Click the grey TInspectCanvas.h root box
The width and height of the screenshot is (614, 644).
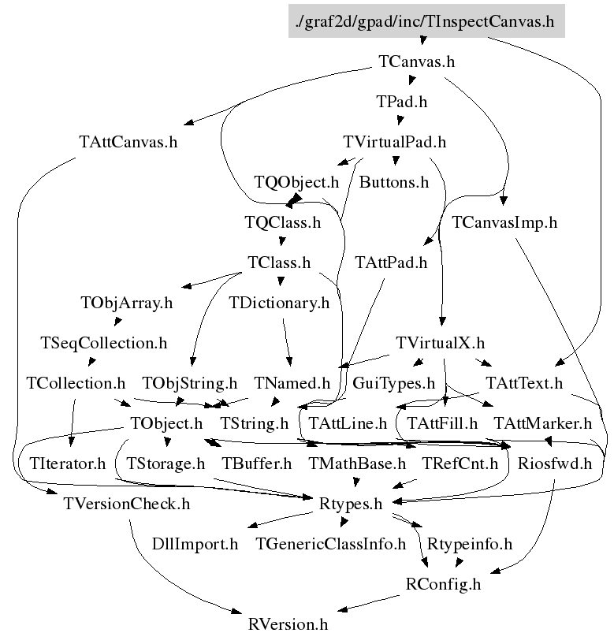point(426,21)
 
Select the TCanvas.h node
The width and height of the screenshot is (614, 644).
point(416,61)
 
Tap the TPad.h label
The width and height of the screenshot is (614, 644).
point(402,102)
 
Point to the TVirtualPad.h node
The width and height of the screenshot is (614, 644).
point(394,142)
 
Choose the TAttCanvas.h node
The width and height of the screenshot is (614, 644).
point(128,142)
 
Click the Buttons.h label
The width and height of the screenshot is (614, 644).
point(394,182)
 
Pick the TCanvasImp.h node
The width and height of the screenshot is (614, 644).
point(504,222)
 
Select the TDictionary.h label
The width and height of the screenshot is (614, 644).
point(279,303)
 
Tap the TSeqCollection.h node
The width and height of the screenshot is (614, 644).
point(104,344)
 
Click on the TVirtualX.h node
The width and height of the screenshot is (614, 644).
point(440,343)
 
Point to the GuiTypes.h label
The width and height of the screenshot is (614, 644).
point(393,383)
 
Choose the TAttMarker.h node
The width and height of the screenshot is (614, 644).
point(542,423)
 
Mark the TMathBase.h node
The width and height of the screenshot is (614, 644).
point(357,463)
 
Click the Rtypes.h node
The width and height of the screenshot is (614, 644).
point(351,504)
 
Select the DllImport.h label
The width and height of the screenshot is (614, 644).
point(195,544)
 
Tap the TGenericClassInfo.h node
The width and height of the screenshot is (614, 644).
point(330,544)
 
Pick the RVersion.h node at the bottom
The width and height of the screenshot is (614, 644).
point(288,625)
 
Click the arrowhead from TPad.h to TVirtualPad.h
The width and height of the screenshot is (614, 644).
point(400,121)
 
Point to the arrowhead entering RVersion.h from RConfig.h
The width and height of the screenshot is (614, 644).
point(343,609)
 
